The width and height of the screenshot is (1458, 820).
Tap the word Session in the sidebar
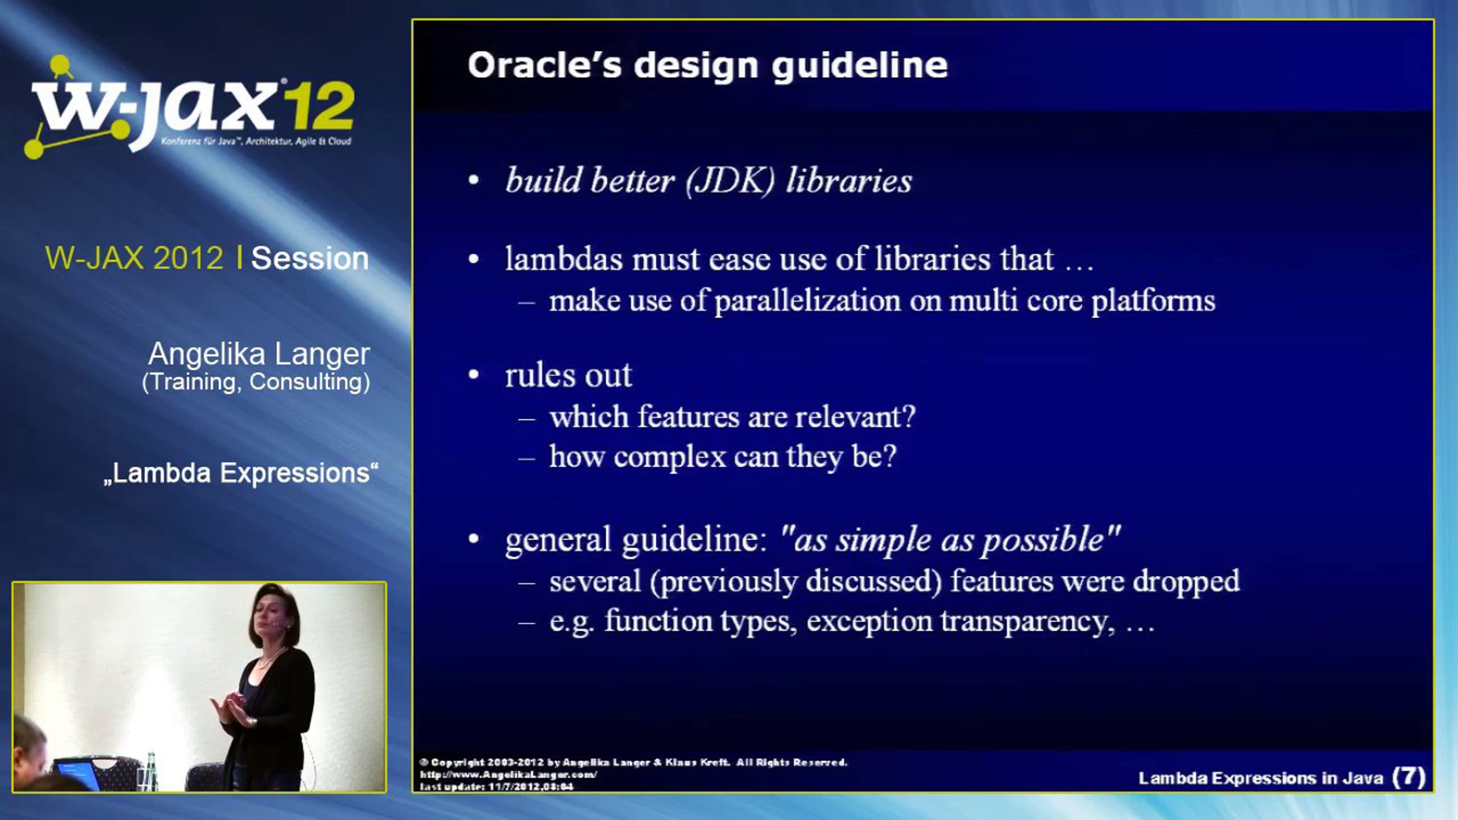(x=310, y=258)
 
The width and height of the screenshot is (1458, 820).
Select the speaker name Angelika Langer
(x=259, y=354)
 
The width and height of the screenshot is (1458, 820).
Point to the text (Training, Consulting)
(x=256, y=382)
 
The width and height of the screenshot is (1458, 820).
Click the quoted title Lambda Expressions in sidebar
(x=241, y=473)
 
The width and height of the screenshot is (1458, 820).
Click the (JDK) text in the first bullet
(x=730, y=181)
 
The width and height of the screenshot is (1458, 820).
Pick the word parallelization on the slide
(x=807, y=301)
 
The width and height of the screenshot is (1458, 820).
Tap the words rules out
(x=569, y=375)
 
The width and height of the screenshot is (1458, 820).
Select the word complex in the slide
(x=669, y=457)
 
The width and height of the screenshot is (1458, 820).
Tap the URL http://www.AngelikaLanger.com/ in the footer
(x=508, y=774)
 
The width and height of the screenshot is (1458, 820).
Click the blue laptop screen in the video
(x=76, y=774)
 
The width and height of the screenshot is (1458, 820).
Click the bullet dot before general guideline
(x=474, y=539)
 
